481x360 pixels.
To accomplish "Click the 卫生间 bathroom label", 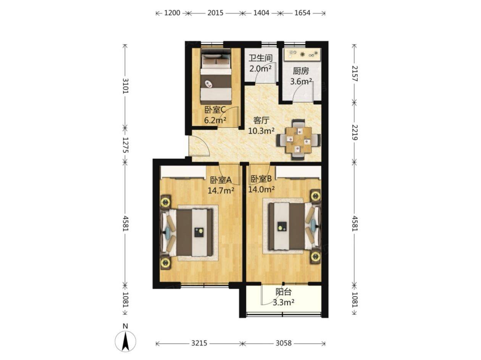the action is click(x=260, y=58).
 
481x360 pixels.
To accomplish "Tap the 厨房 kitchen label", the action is click(x=301, y=71).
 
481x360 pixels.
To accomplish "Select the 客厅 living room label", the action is click(x=261, y=121).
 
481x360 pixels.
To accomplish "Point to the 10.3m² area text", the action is click(x=261, y=131).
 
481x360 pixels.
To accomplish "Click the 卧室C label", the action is click(x=215, y=110).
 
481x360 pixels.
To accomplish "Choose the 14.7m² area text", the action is click(x=221, y=191).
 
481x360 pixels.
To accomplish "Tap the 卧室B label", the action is click(x=261, y=179).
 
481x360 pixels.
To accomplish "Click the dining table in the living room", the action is click(x=299, y=140).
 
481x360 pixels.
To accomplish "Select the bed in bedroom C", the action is click(x=216, y=77).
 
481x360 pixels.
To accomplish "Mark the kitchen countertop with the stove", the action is click(x=302, y=54).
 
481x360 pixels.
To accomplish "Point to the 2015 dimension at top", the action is click(x=215, y=13).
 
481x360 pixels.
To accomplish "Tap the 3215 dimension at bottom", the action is click(x=199, y=343).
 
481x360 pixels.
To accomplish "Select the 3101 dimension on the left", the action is click(x=125, y=86).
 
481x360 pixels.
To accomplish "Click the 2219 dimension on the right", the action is click(x=354, y=132).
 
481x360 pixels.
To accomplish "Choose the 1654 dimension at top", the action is click(x=302, y=13).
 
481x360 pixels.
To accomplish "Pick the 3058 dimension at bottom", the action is click(x=284, y=343).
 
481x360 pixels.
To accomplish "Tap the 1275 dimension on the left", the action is click(x=125, y=145).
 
